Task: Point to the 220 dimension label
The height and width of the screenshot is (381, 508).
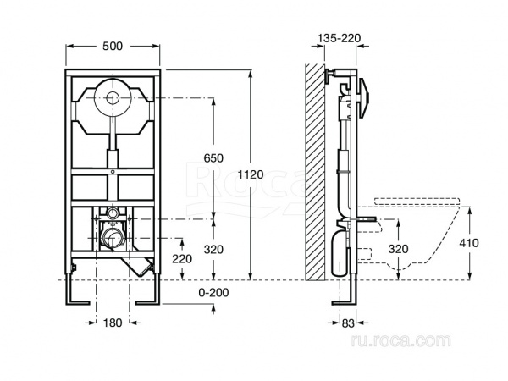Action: pos(181,257)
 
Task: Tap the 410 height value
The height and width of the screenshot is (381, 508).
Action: pos(470,243)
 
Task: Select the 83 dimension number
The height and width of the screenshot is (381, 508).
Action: pos(347,323)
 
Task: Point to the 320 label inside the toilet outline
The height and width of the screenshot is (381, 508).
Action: pos(398,249)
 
